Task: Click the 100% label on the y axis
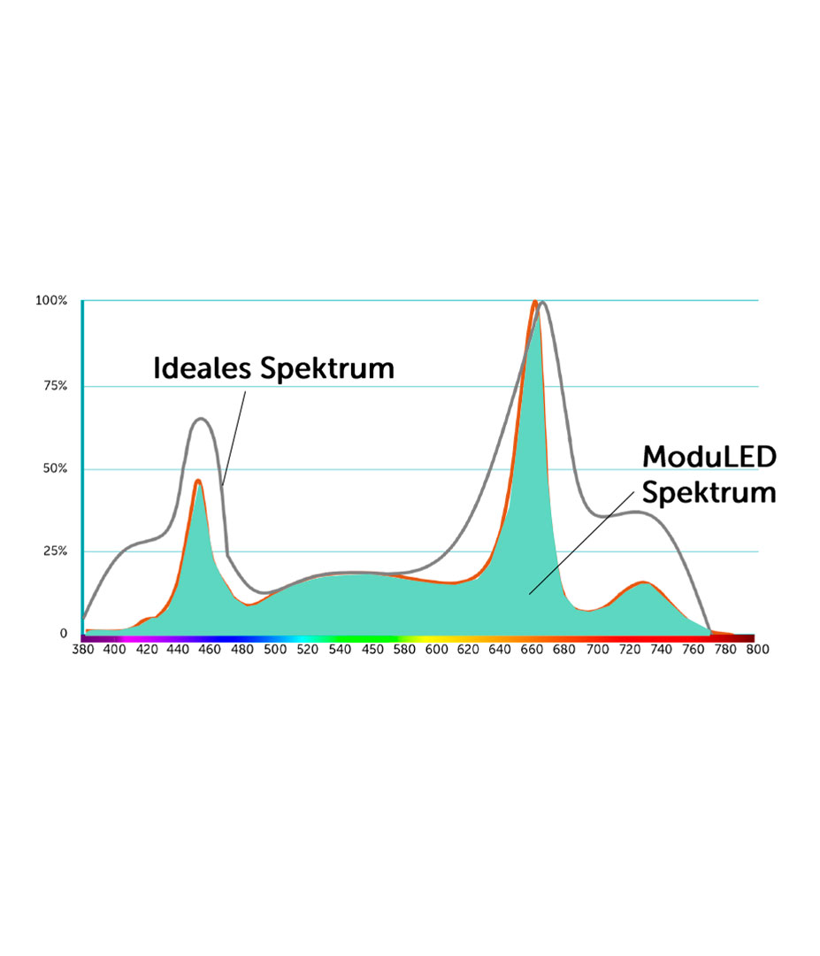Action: tap(51, 301)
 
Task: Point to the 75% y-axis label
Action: tap(54, 386)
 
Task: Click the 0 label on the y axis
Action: tap(64, 634)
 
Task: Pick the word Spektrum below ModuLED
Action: tap(709, 492)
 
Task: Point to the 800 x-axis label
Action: tap(756, 650)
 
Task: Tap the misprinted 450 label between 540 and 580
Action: tap(372, 650)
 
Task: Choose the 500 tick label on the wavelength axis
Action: tap(275, 650)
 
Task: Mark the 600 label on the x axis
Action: tap(436, 650)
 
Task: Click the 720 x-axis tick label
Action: tap(629, 650)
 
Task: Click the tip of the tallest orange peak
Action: tap(534, 302)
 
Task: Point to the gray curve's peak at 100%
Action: tap(542, 303)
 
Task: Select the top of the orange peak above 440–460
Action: tap(198, 481)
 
